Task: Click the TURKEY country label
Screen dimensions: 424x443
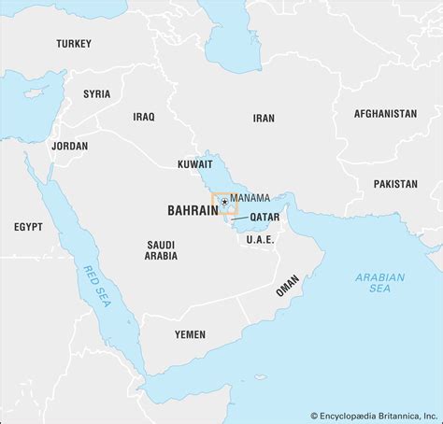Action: pyautogui.click(x=74, y=44)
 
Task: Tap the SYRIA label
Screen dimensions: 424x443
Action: pyautogui.click(x=96, y=93)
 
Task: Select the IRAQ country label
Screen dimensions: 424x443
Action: pyautogui.click(x=143, y=117)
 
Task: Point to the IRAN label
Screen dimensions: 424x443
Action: pyautogui.click(x=264, y=119)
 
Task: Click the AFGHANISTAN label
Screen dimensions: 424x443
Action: pyautogui.click(x=385, y=114)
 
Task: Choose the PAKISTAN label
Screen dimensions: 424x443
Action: pyautogui.click(x=395, y=184)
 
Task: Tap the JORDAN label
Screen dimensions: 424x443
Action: pyautogui.click(x=70, y=146)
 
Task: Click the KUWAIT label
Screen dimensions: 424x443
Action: pyautogui.click(x=194, y=164)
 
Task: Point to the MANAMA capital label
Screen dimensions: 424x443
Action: pyautogui.click(x=250, y=198)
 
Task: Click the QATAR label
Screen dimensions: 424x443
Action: pyautogui.click(x=264, y=216)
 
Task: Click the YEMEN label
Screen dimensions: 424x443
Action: pyautogui.click(x=190, y=332)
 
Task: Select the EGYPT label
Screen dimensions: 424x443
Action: pyautogui.click(x=28, y=227)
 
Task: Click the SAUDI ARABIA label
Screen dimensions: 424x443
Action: pyautogui.click(x=160, y=249)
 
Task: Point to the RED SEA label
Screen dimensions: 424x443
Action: pyautogui.click(x=97, y=284)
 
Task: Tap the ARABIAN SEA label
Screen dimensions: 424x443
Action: pyautogui.click(x=379, y=283)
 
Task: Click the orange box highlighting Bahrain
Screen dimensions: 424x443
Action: pyautogui.click(x=224, y=204)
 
